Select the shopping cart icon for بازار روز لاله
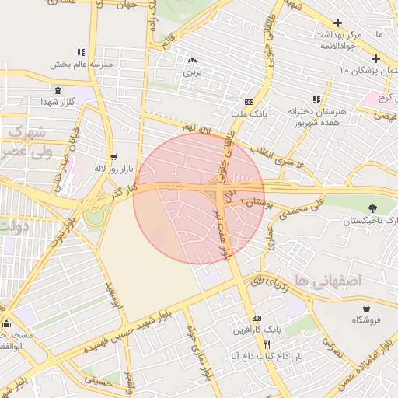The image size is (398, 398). coord(114,156)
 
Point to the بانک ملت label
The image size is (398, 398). coord(249,113)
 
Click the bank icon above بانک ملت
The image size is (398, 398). coord(249,102)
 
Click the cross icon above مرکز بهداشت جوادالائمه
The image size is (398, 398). coord(337,23)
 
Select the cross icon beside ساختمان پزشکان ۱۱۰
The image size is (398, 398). coord(375,58)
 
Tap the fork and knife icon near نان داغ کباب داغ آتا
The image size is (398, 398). coord(267,344)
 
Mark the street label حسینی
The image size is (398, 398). coord(96,380)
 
